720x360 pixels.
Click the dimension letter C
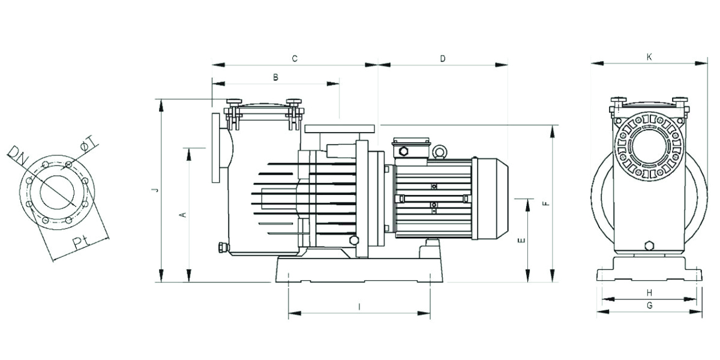coord(295,59)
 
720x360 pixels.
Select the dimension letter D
coord(443,59)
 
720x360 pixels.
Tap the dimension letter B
coord(275,77)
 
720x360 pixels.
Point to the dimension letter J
coord(156,190)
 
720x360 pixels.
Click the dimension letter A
coord(184,214)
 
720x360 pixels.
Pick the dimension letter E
coord(522,240)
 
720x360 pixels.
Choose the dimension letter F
coord(547,203)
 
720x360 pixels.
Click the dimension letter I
coord(359,307)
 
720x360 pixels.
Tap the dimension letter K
coord(649,57)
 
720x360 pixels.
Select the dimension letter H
coord(649,293)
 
